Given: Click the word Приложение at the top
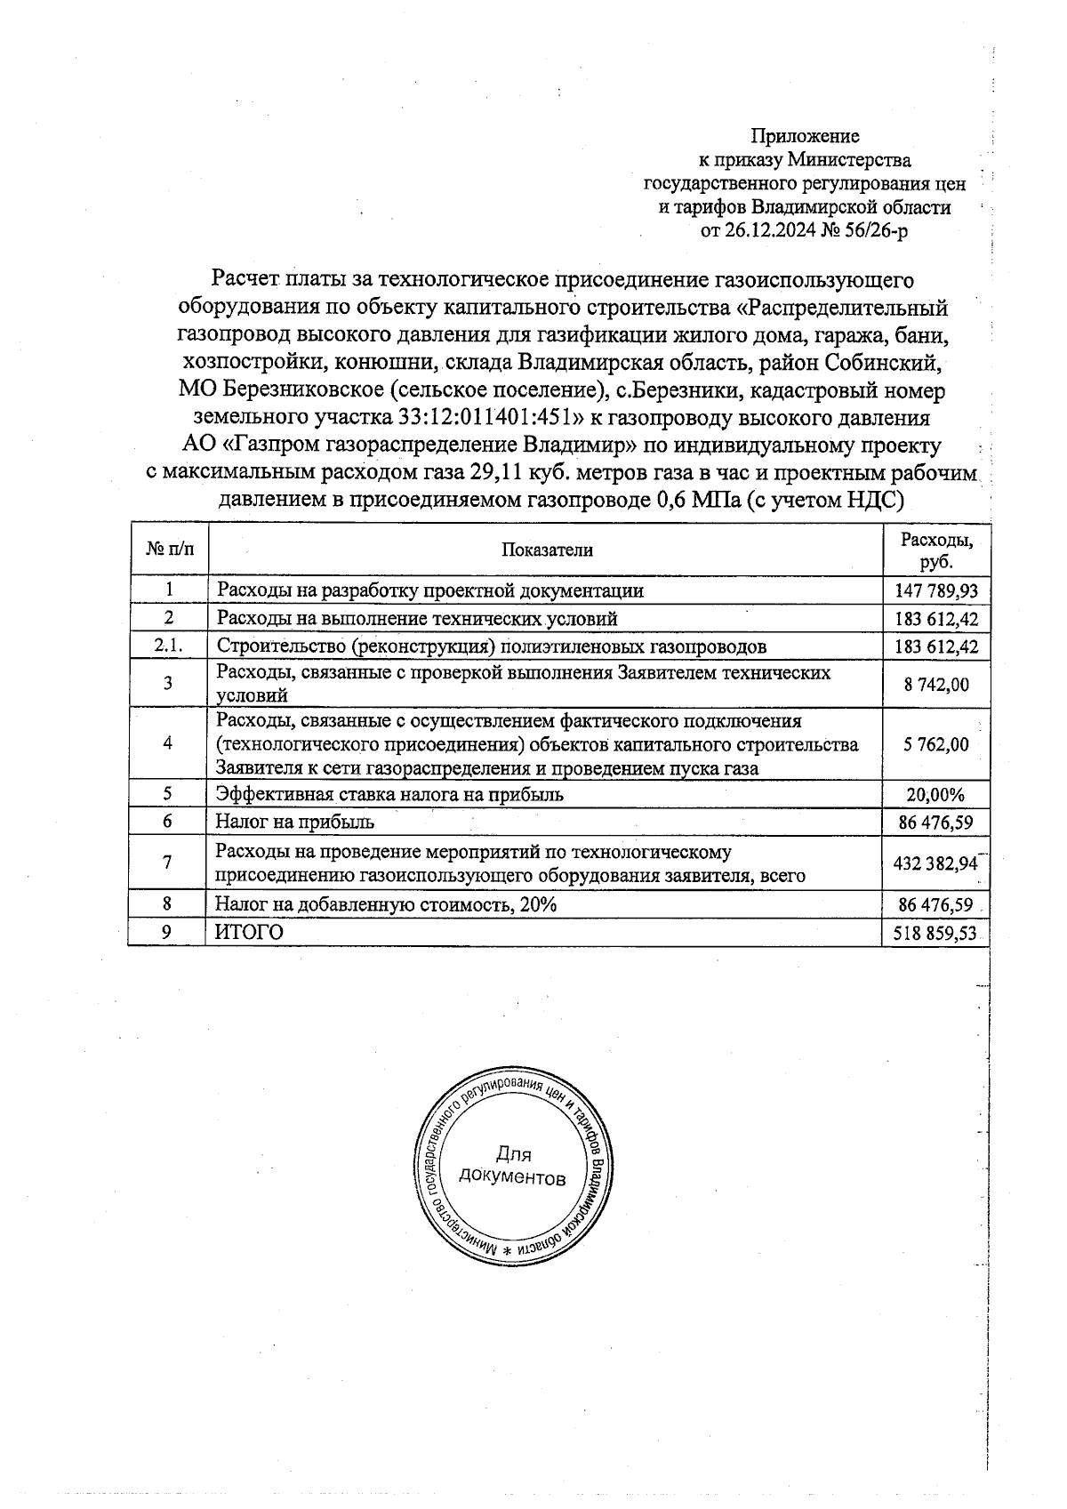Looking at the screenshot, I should click(805, 136).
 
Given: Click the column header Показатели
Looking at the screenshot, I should click(546, 550).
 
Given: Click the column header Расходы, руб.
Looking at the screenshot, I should click(936, 550).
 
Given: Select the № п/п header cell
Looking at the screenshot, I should click(168, 550).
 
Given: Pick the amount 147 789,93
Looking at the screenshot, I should click(936, 591).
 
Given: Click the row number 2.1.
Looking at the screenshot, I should click(168, 646).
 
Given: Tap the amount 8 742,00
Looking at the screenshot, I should click(936, 684).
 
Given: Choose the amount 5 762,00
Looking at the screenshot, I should click(936, 744).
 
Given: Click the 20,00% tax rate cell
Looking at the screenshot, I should click(936, 795).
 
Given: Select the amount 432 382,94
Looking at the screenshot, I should click(936, 863).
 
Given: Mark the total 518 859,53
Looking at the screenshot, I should click(936, 933).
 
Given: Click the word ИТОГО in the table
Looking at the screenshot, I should click(250, 932).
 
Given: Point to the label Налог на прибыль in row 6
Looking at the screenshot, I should click(294, 822).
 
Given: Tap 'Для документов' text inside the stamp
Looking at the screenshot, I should click(512, 1166).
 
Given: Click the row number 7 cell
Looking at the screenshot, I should click(168, 863).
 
